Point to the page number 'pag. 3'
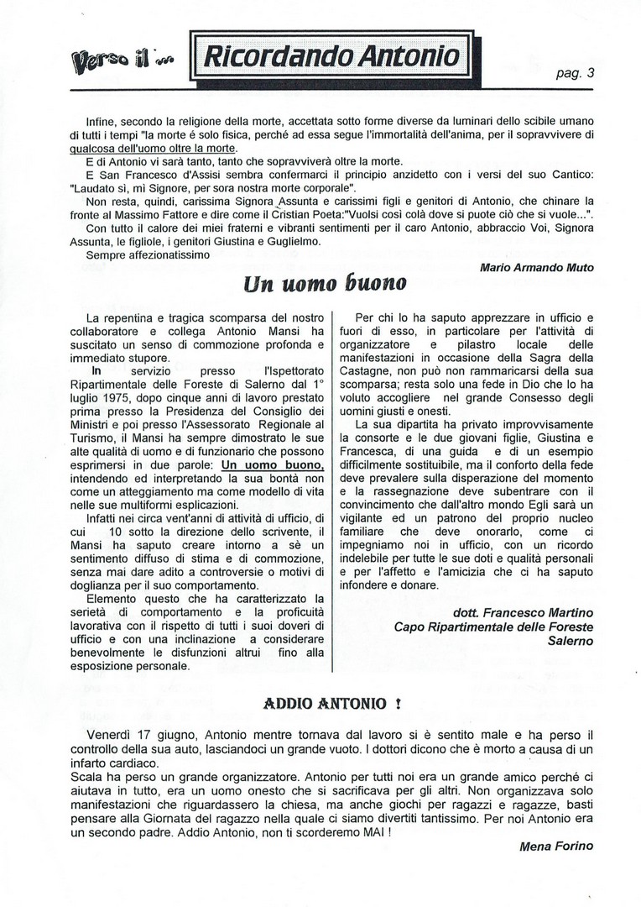pyautogui.click(x=576, y=72)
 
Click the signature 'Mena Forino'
pyautogui.click(x=557, y=847)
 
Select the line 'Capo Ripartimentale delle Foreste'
pyautogui.click(x=493, y=626)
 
